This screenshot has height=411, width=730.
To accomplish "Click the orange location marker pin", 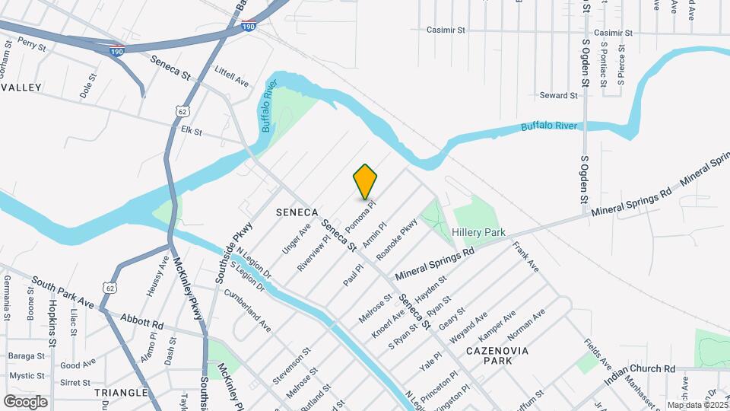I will [365, 181].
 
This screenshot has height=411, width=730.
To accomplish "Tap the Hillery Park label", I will [478, 231].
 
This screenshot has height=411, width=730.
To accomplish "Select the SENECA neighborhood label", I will [297, 211].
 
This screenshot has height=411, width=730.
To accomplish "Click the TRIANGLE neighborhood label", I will [121, 393].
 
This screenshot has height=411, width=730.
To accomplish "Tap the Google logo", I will [25, 401].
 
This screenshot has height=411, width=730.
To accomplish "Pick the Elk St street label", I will [191, 132].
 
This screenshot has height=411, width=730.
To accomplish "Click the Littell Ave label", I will [232, 78].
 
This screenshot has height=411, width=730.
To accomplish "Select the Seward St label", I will [559, 95].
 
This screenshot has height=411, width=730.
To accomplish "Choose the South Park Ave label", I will [63, 293].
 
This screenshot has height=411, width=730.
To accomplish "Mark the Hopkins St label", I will [52, 323].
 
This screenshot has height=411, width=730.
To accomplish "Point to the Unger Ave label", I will [297, 239].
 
